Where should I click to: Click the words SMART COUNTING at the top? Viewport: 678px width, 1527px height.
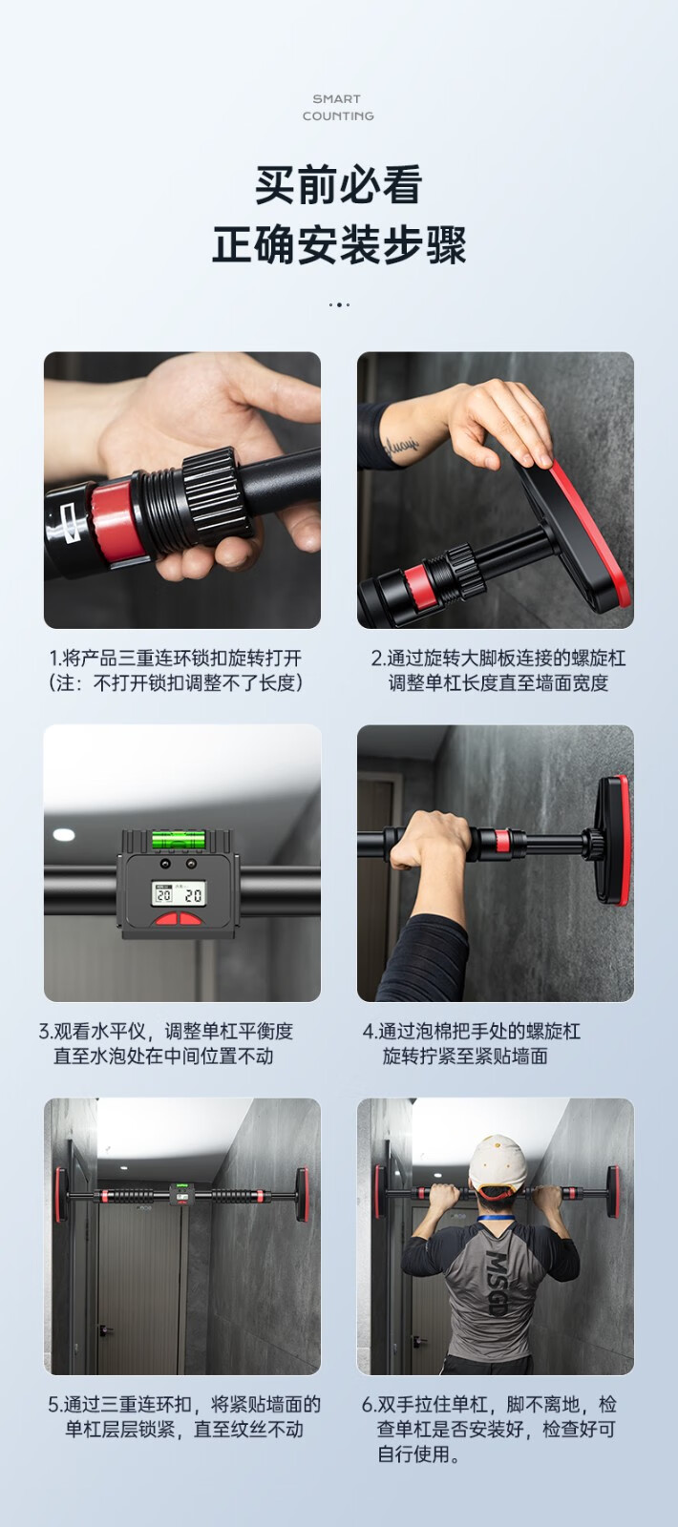[x=338, y=108]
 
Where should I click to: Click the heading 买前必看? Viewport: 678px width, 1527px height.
[x=339, y=185]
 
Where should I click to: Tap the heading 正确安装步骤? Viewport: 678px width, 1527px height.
[x=339, y=244]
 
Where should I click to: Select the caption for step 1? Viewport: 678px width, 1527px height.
[x=176, y=670]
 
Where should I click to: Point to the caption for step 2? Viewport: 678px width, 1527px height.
[x=498, y=670]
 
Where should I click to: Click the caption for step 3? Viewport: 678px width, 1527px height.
[x=166, y=1043]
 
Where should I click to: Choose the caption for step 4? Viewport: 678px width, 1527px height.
[x=472, y=1043]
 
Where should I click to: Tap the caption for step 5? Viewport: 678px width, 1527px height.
[x=184, y=1416]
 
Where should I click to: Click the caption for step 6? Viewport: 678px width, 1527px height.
[x=489, y=1429]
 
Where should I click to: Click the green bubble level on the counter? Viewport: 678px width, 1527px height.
[x=178, y=839]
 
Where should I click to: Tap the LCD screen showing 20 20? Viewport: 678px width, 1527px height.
[x=179, y=893]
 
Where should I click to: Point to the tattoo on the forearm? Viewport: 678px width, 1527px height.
[x=401, y=446]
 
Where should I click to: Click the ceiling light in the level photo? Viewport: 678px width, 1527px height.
[x=63, y=835]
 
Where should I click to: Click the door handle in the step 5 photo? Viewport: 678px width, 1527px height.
[x=104, y=1329]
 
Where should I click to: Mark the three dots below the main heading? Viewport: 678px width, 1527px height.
[x=339, y=304]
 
